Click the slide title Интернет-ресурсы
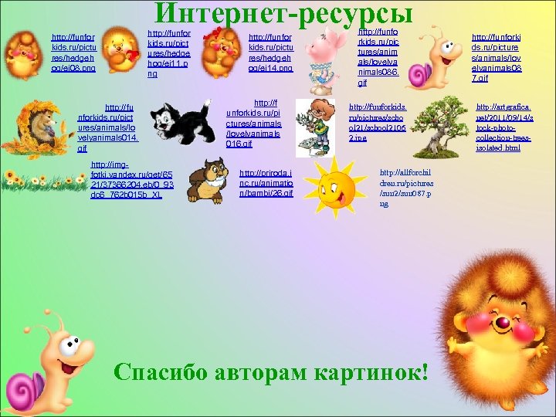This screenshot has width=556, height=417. pyautogui.click(x=283, y=13)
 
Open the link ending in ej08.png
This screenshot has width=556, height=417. pyautogui.click(x=73, y=53)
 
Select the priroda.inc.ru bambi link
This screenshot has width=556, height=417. pyautogui.click(x=266, y=183)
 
